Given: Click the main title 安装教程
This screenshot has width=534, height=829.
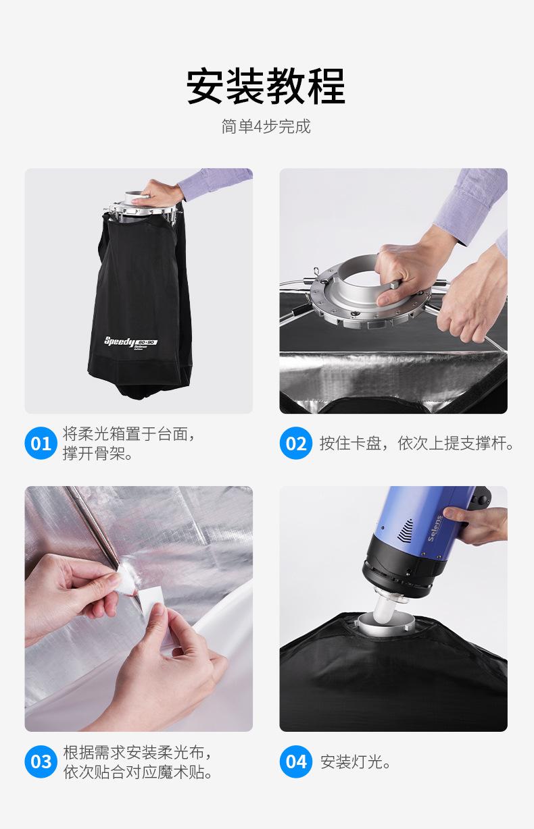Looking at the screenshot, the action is coord(266,86).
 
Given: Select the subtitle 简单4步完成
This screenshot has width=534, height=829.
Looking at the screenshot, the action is coord(266,126).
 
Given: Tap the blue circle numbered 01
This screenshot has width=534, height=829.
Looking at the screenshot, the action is coord(41,443).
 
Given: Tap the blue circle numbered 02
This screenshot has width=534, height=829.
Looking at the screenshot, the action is coord(295,443).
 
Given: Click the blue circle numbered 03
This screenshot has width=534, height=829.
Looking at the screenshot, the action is coord(41,761).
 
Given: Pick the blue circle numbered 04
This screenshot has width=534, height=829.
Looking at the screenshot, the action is coord(295,761).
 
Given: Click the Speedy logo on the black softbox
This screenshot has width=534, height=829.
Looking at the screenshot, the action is coord(130,342).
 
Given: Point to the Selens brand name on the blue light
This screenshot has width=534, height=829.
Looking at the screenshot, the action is coord(435,528).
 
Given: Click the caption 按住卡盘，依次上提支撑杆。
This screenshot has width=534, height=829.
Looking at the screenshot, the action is coord(417,444).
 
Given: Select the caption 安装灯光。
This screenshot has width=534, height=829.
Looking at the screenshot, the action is coord(355,761).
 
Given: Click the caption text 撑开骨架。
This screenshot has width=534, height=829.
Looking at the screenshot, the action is coord(98,454).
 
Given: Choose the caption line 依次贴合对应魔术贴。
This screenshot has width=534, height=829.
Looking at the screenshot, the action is coord(137,772).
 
